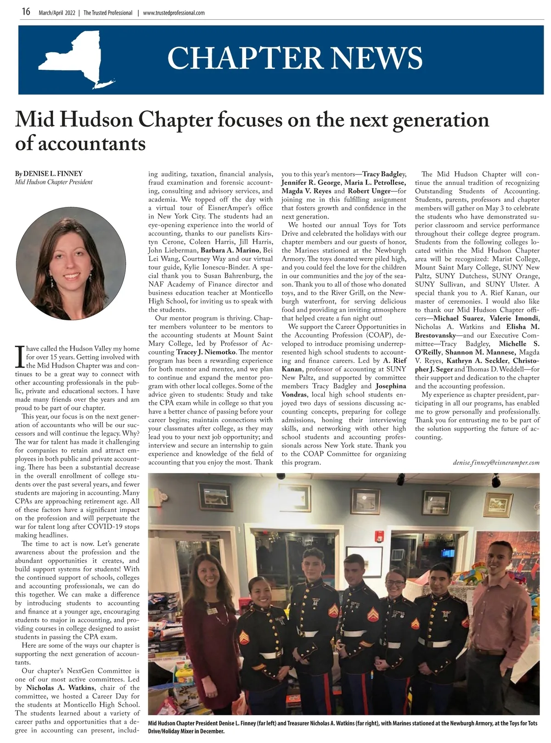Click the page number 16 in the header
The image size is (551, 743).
[26, 12]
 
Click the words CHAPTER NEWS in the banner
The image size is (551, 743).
[295, 58]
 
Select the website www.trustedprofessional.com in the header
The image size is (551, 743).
[174, 13]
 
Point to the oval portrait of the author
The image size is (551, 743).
[71, 263]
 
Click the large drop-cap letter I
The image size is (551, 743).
[20, 357]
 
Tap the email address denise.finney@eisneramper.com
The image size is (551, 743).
[496, 462]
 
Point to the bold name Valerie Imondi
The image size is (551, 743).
[514, 318]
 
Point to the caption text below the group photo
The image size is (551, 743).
[342, 727]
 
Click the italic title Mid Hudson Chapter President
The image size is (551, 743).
[54, 182]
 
